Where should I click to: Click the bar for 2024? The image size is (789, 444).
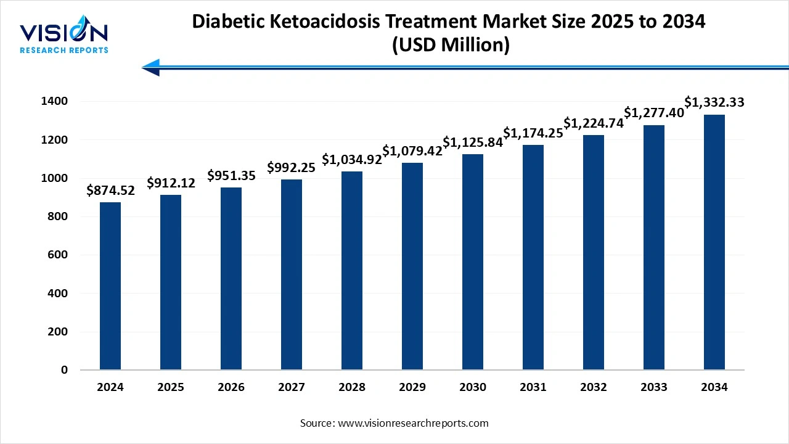tap(110, 286)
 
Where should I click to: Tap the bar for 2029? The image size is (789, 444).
tap(412, 266)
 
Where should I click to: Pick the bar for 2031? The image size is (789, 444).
tap(533, 257)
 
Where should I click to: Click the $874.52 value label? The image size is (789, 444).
tap(110, 191)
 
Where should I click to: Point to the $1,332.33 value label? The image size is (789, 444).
tap(714, 103)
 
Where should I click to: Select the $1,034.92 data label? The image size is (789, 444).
tap(352, 160)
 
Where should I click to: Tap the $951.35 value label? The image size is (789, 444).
tap(231, 176)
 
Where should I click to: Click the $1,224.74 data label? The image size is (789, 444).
tap(594, 123)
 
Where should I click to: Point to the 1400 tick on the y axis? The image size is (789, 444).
tap(55, 101)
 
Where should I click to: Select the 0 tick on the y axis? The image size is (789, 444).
tap(64, 370)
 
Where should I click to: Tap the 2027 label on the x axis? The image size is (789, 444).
tap(292, 387)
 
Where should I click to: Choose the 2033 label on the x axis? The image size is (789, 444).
tap(654, 387)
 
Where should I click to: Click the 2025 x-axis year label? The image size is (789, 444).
tap(171, 387)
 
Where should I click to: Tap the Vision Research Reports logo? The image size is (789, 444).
tap(64, 37)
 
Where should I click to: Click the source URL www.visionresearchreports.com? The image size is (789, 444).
tap(413, 423)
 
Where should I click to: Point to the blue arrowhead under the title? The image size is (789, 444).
tap(152, 67)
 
